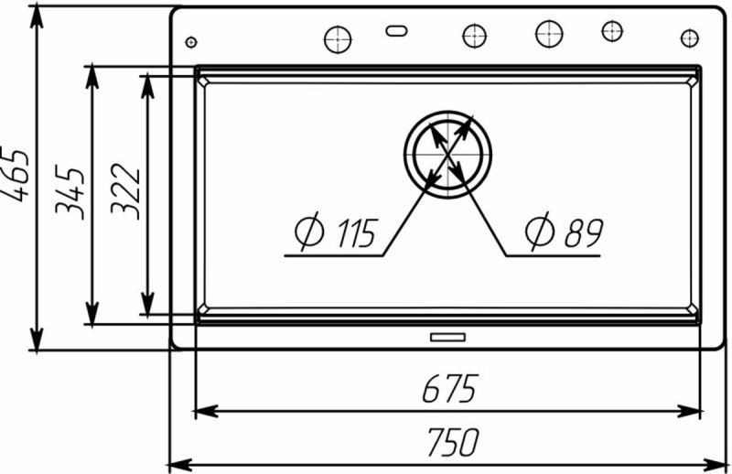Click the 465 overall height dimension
coord(16,174)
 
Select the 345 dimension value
coord(70,191)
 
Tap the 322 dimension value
coord(125,191)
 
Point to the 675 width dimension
coord(450,389)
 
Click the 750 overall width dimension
coord(453,442)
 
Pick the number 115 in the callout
coord(356,233)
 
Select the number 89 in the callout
coord(584,232)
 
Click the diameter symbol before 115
coord(309,232)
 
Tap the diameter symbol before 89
coord(539,231)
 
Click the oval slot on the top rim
coord(396,31)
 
